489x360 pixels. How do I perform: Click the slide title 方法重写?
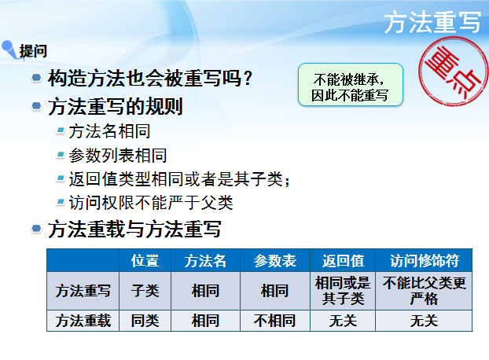432,23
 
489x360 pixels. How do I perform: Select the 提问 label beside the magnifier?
33,51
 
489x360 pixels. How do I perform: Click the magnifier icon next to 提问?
10,49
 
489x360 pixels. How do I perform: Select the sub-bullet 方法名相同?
109,131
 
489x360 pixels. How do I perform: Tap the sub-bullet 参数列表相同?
118,155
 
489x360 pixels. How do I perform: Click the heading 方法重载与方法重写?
134,230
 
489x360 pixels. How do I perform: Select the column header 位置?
145,260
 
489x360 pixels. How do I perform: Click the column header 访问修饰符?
425,260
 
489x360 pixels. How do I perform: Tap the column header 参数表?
274,260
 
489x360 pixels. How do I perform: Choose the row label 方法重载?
83,321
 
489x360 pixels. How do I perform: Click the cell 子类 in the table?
145,291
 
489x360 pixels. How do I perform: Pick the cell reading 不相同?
274,321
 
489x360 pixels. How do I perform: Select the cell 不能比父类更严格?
425,291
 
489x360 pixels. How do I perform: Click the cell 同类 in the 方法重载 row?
145,321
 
